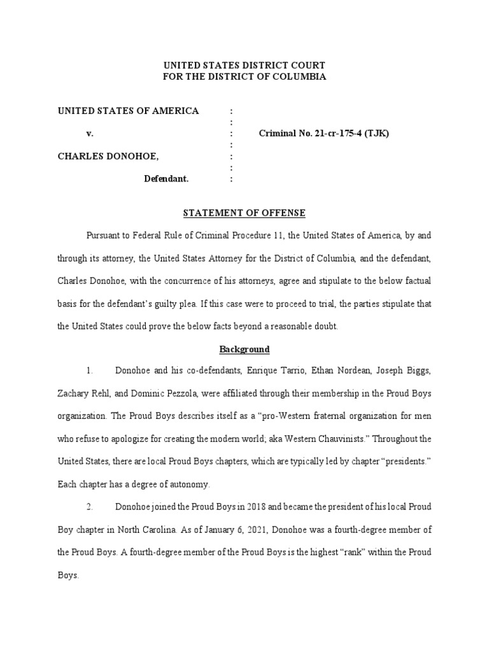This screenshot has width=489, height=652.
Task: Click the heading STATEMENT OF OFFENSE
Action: tap(244, 212)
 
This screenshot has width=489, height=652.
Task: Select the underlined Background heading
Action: tap(244, 349)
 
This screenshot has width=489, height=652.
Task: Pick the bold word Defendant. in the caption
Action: tap(166, 180)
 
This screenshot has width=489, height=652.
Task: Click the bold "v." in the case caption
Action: tap(90, 134)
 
